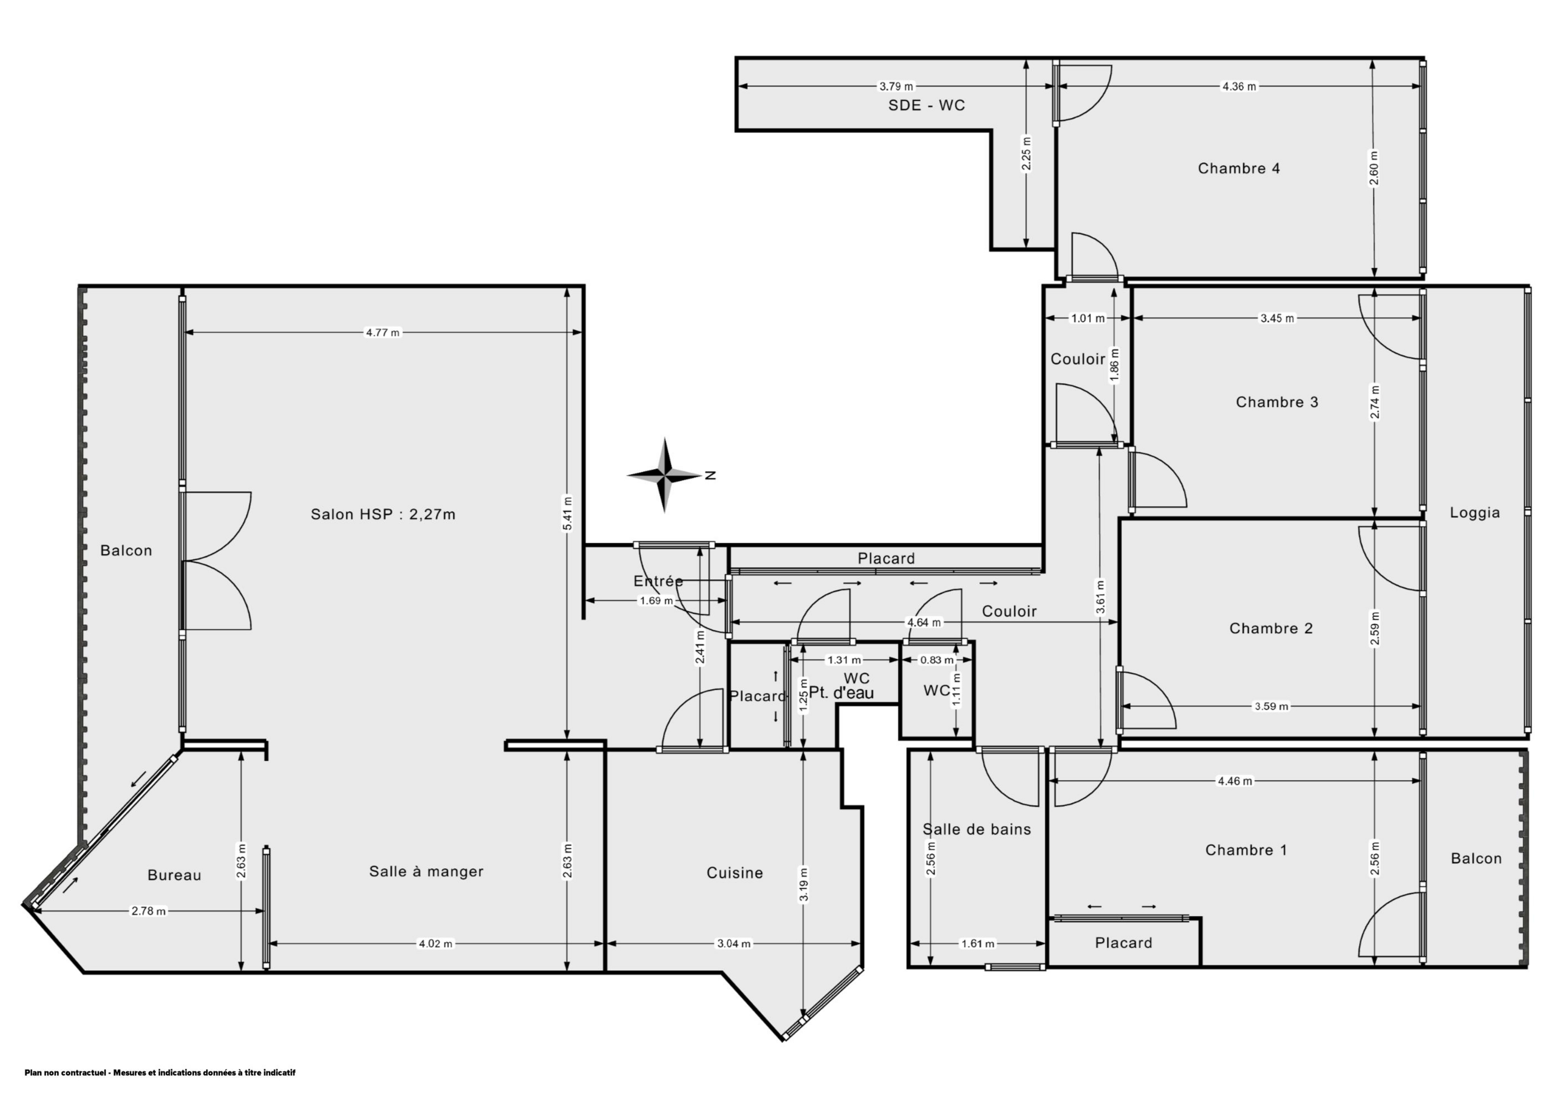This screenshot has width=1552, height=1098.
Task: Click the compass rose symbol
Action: pyautogui.click(x=665, y=475)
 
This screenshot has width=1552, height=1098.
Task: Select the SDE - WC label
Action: pyautogui.click(x=926, y=106)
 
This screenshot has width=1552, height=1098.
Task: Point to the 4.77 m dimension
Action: pyautogui.click(x=382, y=332)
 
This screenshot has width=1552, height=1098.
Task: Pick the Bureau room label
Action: pyautogui.click(x=174, y=876)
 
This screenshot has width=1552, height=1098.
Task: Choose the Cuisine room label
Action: pyautogui.click(x=735, y=873)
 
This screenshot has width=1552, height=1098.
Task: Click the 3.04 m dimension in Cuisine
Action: pyautogui.click(x=733, y=944)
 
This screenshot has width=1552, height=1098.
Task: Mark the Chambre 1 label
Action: pyautogui.click(x=1246, y=850)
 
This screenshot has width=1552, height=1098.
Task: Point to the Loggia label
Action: pyautogui.click(x=1475, y=512)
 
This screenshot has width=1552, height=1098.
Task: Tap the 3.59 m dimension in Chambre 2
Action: pyautogui.click(x=1271, y=707)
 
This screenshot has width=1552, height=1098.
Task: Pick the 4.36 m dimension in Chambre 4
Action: pyautogui.click(x=1239, y=87)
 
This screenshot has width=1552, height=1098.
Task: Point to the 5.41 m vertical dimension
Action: pyautogui.click(x=567, y=514)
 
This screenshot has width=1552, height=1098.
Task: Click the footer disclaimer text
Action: pyautogui.click(x=160, y=1072)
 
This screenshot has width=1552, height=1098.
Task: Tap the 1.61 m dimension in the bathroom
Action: pyautogui.click(x=978, y=944)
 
